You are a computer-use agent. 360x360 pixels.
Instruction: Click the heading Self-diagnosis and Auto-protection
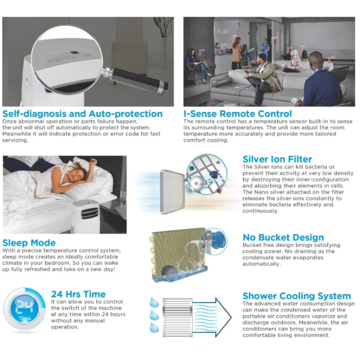tap(82, 114)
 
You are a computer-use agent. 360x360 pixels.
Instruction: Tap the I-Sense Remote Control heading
tap(238, 114)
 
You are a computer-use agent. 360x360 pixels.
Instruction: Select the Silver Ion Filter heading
tap(277, 159)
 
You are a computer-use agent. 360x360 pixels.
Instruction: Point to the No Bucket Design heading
tap(283, 237)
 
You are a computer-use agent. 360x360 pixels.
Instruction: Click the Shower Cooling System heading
tap(297, 296)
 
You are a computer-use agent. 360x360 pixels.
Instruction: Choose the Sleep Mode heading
tap(29, 243)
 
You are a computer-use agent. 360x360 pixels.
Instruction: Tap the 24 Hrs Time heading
tap(78, 294)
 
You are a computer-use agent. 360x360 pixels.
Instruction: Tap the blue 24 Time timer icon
tap(24, 309)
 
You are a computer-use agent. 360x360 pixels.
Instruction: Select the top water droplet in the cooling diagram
tap(154, 302)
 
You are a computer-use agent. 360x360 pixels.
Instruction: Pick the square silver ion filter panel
tap(172, 192)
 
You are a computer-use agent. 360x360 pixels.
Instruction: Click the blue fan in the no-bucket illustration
tap(218, 241)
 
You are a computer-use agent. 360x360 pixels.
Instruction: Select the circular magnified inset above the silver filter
tap(207, 174)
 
